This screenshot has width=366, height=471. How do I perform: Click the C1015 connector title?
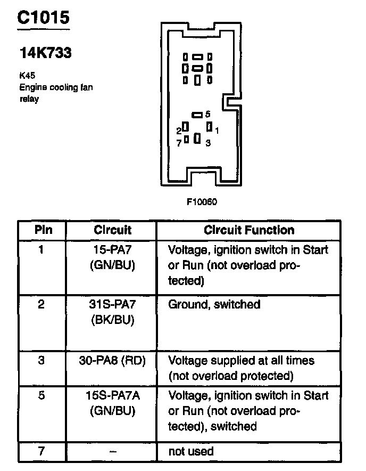[x=43, y=18]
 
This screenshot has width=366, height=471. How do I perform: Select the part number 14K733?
[x=45, y=53]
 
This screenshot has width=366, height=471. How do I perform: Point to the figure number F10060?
[x=202, y=202]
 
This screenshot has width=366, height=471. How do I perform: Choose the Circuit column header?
[x=112, y=230]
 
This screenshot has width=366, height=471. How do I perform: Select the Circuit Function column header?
[x=249, y=230]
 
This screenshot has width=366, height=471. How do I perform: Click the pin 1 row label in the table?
[x=41, y=249]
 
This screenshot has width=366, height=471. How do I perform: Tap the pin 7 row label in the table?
[x=41, y=451]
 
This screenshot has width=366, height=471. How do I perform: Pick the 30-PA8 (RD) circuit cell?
[x=112, y=360]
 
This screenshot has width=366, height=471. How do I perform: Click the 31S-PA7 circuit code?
[x=112, y=304]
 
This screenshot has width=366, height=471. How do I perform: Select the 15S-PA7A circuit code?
[x=112, y=395]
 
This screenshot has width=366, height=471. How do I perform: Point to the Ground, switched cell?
[x=214, y=304]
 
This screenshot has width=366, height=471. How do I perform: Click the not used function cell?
[x=191, y=451]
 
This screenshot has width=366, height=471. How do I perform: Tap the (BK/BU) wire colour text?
[x=112, y=320]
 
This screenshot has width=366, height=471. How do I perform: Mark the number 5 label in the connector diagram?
[x=208, y=114]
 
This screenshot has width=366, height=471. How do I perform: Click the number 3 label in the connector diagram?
[x=208, y=143]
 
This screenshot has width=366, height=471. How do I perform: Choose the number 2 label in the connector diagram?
[x=179, y=130]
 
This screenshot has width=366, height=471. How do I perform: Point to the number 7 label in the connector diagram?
[x=179, y=142]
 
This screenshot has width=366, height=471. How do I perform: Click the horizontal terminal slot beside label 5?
[x=197, y=115]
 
